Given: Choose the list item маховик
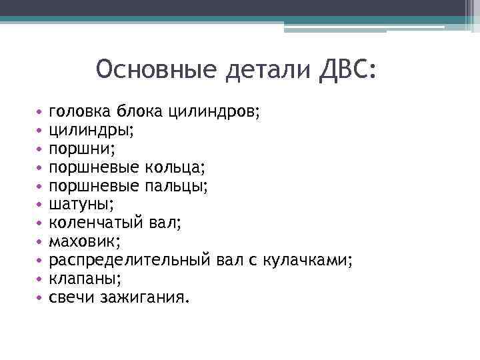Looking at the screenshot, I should coord(83,236).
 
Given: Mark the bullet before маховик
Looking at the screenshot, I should coord(40,237).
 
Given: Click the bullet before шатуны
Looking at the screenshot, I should coord(40,201).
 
